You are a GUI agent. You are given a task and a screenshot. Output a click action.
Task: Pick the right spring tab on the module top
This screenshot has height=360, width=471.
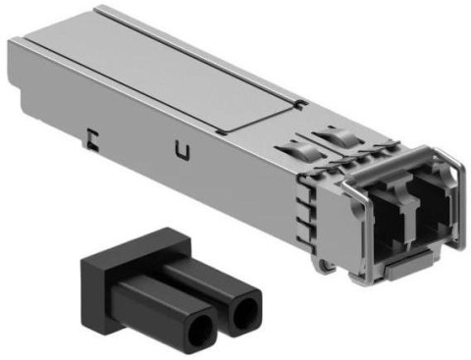coord(332,137)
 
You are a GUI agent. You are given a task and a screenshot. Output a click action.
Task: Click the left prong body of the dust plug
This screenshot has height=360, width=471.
coord(172,303)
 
